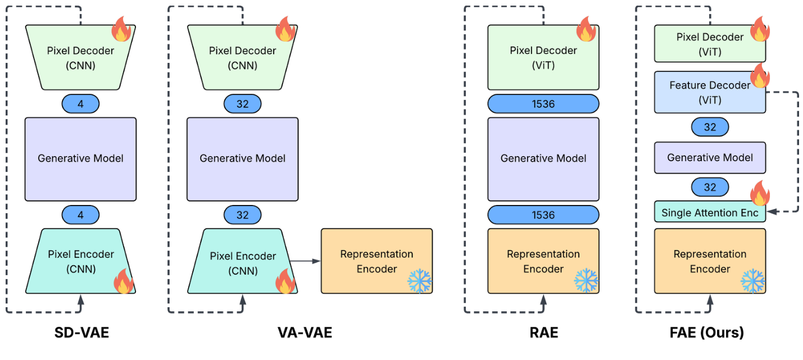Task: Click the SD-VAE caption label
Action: (81, 332)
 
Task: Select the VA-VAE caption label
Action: (305, 332)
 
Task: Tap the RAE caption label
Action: (543, 332)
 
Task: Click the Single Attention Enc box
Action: (710, 213)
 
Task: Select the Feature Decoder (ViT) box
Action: (710, 93)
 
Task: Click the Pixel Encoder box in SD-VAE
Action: (80, 261)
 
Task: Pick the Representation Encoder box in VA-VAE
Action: (376, 261)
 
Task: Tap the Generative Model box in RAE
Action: (543, 159)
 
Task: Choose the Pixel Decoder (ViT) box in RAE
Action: (543, 57)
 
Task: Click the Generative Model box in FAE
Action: (710, 157)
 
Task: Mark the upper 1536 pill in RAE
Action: (543, 104)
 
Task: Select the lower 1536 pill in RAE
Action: (543, 215)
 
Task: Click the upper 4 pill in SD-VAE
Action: (80, 104)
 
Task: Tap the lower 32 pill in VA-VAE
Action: (242, 215)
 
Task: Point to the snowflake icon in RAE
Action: (586, 280)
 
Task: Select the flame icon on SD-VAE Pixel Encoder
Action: (124, 281)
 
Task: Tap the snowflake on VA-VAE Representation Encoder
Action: (419, 280)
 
